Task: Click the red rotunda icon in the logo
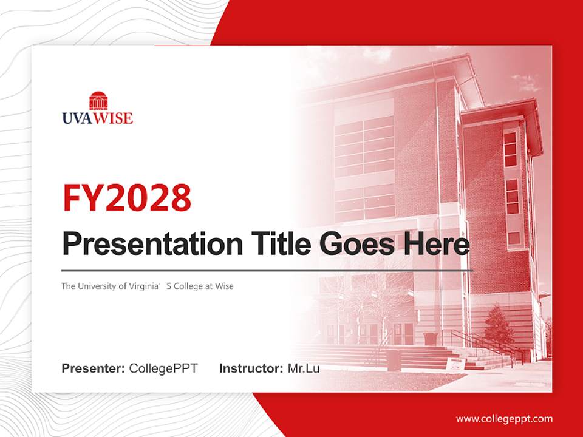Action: click(x=98, y=101)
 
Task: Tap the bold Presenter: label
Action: click(x=93, y=368)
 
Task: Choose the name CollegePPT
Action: click(x=163, y=368)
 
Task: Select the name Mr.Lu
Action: click(x=304, y=368)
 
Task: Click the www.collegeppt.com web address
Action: click(x=504, y=419)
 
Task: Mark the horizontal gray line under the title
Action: click(x=267, y=270)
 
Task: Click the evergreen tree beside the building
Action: click(x=499, y=325)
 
